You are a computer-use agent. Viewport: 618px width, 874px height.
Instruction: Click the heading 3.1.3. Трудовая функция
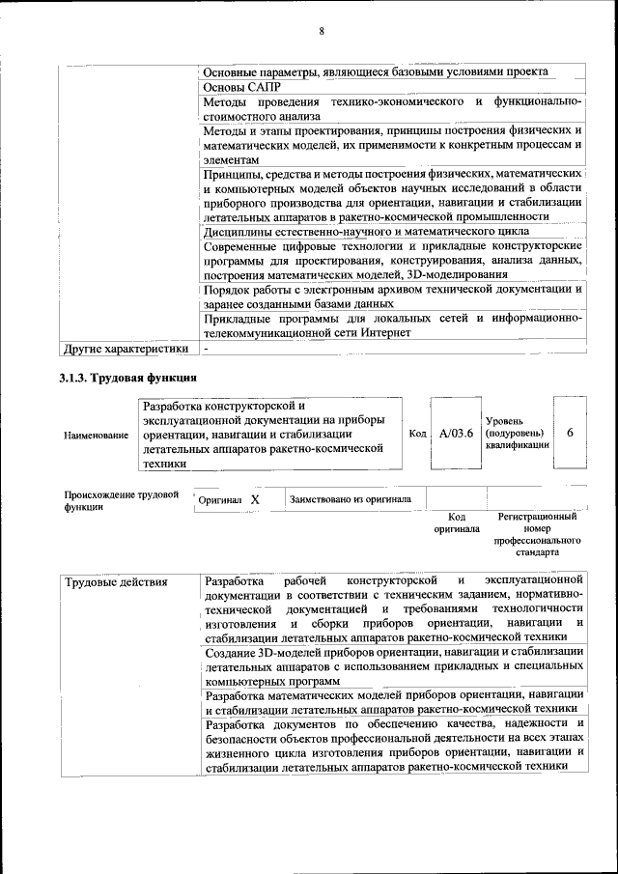[128, 378]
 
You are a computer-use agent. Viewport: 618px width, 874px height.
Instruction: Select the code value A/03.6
[456, 434]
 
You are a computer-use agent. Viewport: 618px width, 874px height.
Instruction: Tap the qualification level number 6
[571, 433]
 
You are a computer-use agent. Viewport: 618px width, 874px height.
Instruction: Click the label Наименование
[96, 436]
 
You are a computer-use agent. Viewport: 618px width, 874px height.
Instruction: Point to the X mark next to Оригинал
[255, 500]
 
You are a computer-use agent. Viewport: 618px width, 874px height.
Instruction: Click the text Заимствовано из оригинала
[351, 499]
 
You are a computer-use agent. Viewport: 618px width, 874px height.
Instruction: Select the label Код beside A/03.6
[417, 434]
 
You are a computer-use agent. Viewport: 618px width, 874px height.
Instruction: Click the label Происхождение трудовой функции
[121, 501]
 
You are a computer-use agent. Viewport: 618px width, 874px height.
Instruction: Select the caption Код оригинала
[457, 522]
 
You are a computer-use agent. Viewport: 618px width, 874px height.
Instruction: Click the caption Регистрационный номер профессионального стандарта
[538, 535]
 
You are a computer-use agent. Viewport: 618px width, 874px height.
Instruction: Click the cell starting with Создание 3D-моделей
[394, 666]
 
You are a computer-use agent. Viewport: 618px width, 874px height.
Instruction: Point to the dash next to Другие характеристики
[207, 348]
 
